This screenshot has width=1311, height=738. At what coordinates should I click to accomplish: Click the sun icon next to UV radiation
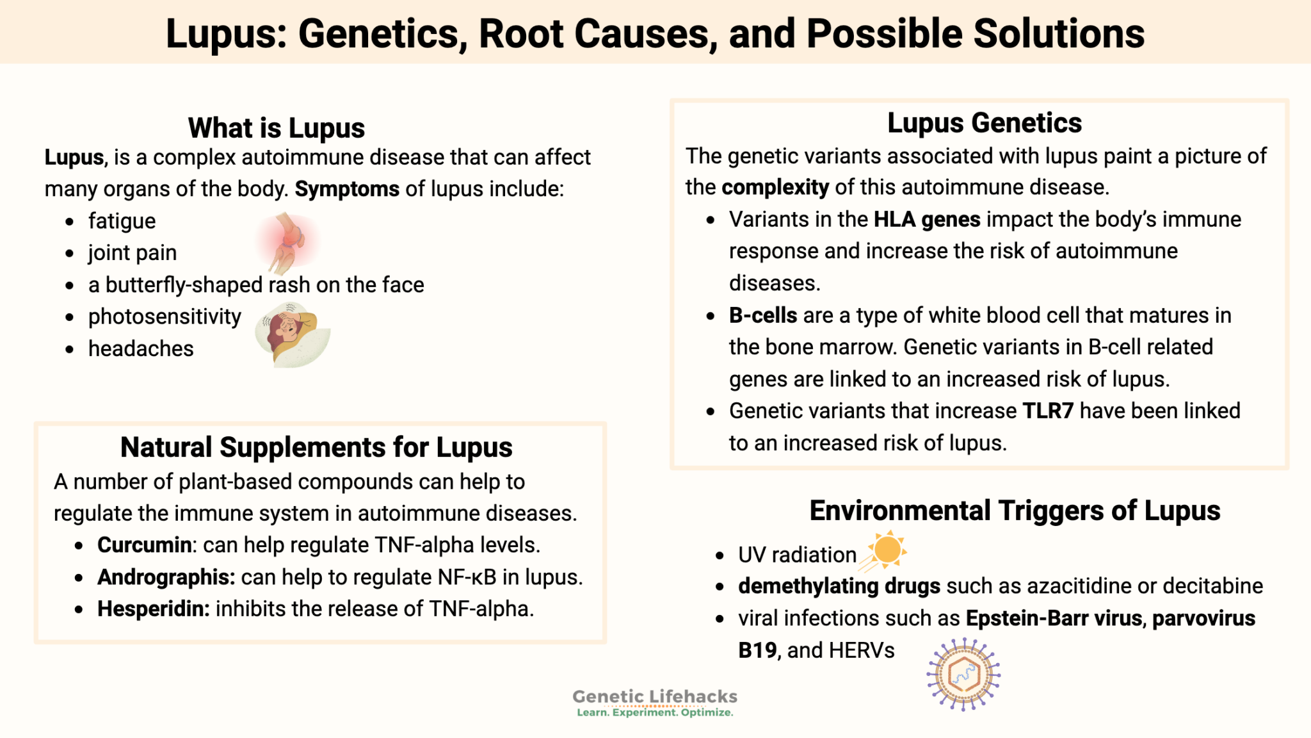pyautogui.click(x=887, y=550)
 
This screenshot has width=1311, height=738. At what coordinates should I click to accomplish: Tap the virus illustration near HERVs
pyautogui.click(x=963, y=674)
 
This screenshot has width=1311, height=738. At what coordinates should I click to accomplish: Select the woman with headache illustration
pyautogui.click(x=292, y=334)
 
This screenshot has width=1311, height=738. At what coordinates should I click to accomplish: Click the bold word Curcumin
pyautogui.click(x=144, y=545)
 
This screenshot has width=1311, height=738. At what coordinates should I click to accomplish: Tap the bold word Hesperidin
pyautogui.click(x=153, y=609)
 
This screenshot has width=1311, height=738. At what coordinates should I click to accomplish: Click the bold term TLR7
pyautogui.click(x=1047, y=411)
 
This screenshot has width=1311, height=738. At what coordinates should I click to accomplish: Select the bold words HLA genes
pyautogui.click(x=927, y=220)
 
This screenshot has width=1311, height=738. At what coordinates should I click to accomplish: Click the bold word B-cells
pyautogui.click(x=762, y=315)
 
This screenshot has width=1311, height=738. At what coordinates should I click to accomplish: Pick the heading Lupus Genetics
pyautogui.click(x=984, y=123)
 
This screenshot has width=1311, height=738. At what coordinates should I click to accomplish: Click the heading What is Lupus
pyautogui.click(x=276, y=128)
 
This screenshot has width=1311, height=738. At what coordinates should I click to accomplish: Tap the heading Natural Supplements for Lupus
pyautogui.click(x=316, y=447)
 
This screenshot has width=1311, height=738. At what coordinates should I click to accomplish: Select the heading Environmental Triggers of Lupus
pyautogui.click(x=1015, y=511)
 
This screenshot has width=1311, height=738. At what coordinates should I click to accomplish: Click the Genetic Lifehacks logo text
pyautogui.click(x=654, y=697)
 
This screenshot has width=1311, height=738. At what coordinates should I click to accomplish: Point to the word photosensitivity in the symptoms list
pyautogui.click(x=165, y=316)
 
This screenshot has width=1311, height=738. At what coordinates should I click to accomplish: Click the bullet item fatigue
pyautogui.click(x=122, y=221)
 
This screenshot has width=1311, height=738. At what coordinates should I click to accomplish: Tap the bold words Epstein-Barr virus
pyautogui.click(x=1054, y=618)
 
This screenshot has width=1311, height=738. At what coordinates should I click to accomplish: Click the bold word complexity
pyautogui.click(x=775, y=187)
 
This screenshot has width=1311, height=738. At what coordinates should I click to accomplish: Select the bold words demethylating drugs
pyautogui.click(x=839, y=586)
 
